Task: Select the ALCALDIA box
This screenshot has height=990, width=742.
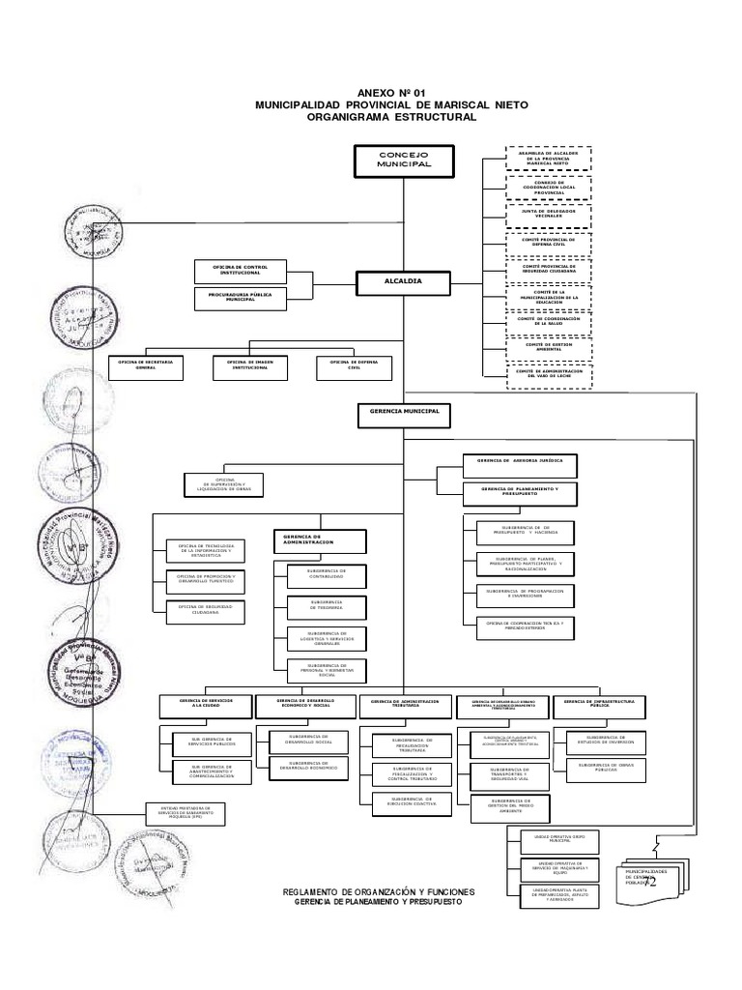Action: (403, 281)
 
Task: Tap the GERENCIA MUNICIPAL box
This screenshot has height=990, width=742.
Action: (403, 413)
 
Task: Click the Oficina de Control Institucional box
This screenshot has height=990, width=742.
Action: (240, 269)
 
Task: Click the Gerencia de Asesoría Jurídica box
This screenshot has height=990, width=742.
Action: (520, 464)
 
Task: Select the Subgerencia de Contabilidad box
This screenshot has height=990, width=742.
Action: (326, 577)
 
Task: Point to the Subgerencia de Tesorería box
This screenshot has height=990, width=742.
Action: (326, 605)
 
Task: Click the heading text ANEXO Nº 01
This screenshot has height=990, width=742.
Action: (390, 90)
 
